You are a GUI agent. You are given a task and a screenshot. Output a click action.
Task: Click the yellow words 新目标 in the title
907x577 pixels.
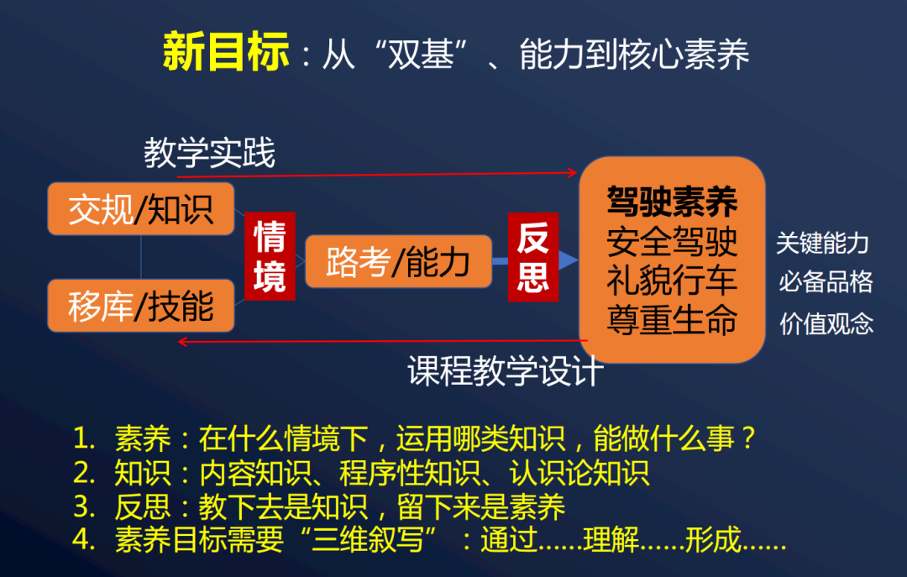(x=225, y=52)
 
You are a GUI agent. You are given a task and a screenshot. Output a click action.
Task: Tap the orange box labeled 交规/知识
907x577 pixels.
(x=140, y=208)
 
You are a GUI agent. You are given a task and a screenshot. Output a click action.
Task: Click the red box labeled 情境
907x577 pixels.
(x=270, y=255)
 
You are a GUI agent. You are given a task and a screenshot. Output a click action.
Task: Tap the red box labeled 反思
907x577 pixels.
(x=533, y=257)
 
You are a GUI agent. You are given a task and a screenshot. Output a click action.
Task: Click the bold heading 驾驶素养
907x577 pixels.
(x=672, y=202)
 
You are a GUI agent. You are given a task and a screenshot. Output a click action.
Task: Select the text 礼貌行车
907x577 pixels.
(x=672, y=280)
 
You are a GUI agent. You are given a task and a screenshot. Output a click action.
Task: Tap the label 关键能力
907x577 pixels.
(x=822, y=244)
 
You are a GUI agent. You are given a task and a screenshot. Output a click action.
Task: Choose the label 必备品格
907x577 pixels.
(x=826, y=281)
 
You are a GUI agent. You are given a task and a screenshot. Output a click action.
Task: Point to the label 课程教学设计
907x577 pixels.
(x=506, y=370)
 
